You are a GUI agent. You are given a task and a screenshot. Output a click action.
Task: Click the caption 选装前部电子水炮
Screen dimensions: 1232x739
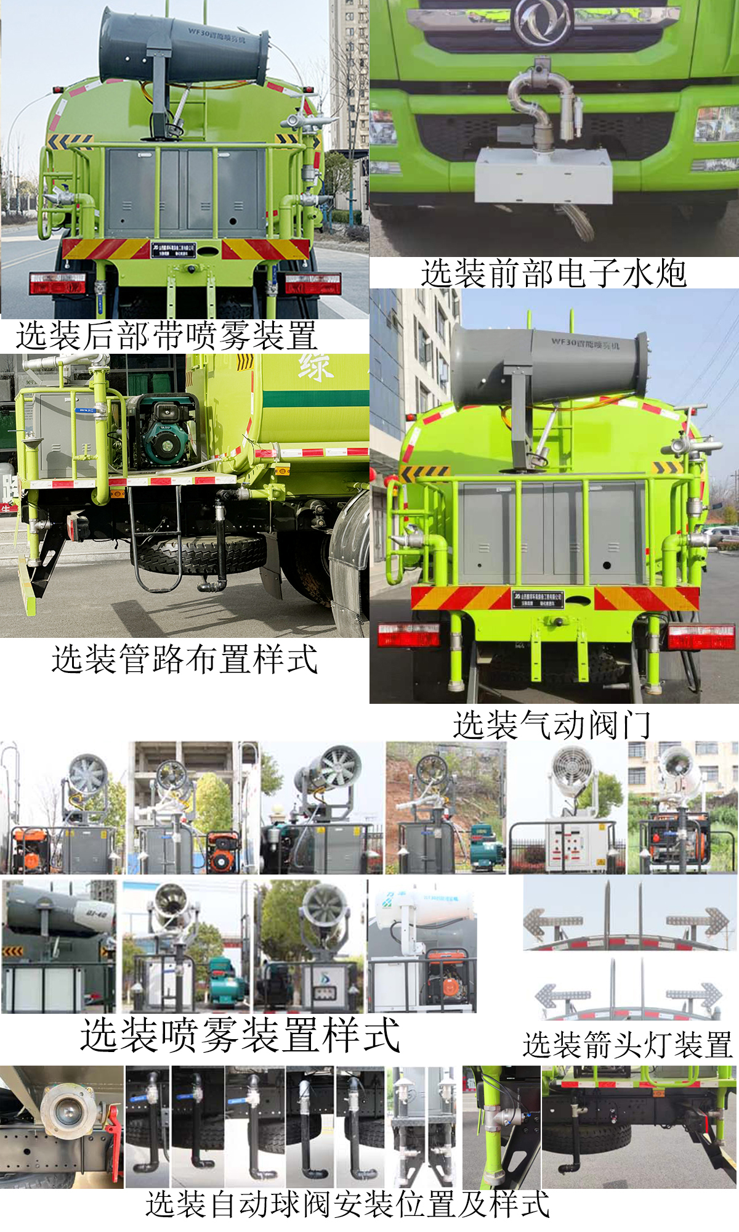click(553, 273)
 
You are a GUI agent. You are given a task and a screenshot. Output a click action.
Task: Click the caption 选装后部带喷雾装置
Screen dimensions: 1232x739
click(166, 336)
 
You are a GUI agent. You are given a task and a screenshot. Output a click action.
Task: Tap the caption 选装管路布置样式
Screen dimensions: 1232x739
click(184, 659)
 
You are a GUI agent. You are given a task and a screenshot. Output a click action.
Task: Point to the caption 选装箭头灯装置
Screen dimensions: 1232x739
click(627, 1045)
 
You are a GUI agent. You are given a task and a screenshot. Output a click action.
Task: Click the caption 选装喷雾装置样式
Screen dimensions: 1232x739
click(240, 1035)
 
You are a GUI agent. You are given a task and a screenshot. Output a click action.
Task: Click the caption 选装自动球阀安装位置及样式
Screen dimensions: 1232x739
click(347, 1204)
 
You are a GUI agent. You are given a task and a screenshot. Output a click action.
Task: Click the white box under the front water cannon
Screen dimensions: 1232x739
click(543, 176)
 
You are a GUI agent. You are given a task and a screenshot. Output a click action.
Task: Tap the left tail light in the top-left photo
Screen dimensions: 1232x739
click(57, 283)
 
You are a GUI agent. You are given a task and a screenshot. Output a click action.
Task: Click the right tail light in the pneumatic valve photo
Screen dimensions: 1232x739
click(701, 637)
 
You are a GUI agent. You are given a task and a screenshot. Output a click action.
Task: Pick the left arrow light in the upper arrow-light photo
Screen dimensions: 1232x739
click(552, 921)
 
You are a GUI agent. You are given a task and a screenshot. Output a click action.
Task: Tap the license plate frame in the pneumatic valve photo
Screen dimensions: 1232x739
click(537, 598)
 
